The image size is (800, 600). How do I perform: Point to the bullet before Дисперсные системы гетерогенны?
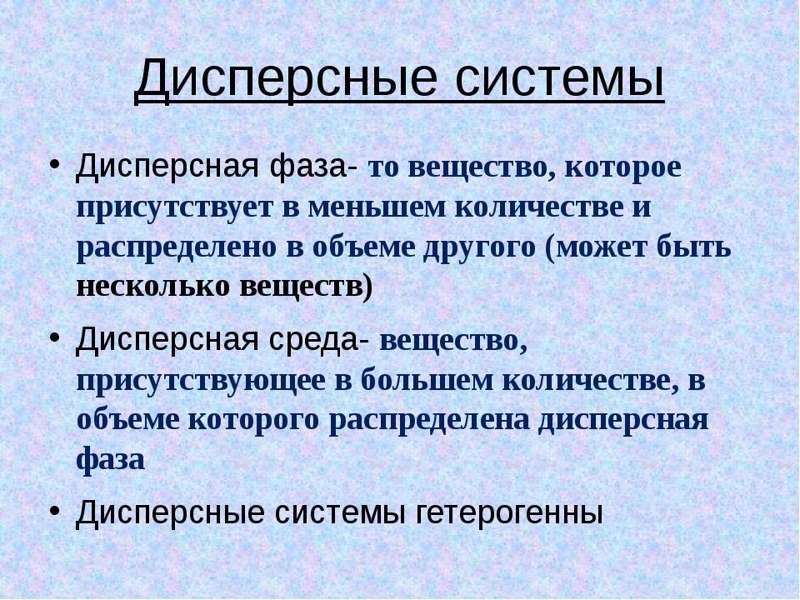[x=55, y=510]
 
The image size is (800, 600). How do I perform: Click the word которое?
[x=622, y=167]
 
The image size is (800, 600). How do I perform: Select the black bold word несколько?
[x=152, y=286]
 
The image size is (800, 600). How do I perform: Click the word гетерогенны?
[x=509, y=512]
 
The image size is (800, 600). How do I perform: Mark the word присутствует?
[x=173, y=208]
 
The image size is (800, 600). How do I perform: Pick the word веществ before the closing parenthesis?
[x=301, y=286]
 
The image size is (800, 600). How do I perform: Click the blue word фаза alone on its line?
[x=110, y=460]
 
